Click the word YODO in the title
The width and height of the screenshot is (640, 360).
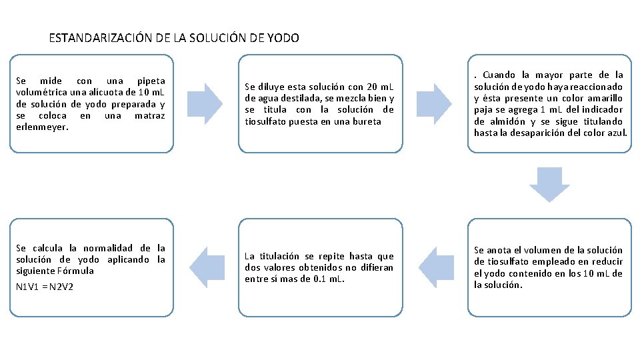tap(283, 38)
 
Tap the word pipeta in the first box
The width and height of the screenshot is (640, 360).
tap(150, 81)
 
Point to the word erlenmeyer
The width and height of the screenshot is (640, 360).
tap(39, 127)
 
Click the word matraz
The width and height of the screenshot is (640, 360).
tap(149, 115)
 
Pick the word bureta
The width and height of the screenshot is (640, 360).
tap(368, 121)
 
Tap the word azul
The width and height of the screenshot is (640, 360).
tap(617, 133)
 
